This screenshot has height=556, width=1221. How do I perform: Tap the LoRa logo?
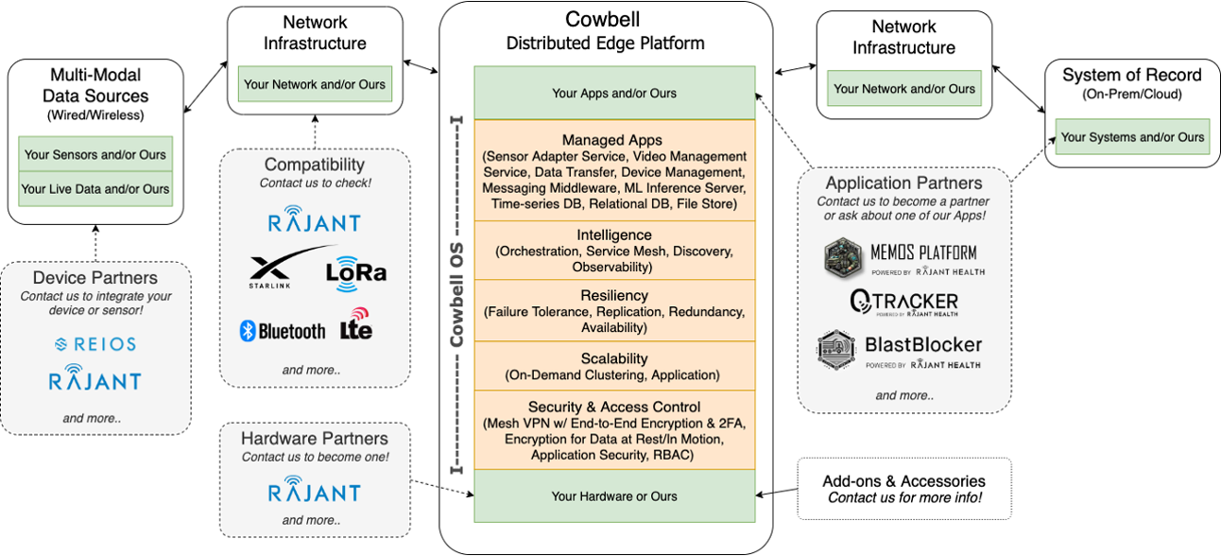coord(355,271)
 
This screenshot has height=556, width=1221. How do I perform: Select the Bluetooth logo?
coord(283,331)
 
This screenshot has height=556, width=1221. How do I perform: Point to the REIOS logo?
coord(95,344)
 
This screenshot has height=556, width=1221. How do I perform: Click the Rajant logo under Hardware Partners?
coord(314,492)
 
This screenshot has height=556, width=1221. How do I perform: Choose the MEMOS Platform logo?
coord(903,256)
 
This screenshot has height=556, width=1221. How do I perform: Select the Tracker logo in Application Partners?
coord(903,302)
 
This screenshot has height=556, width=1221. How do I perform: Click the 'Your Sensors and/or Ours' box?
coord(95,154)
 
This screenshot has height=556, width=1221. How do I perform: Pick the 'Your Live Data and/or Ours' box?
coord(95,188)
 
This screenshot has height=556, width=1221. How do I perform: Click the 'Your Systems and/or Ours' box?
coord(1132,137)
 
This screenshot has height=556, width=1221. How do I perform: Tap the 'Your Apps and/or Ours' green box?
coord(614,93)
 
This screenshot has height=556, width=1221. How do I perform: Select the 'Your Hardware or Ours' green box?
coord(614,496)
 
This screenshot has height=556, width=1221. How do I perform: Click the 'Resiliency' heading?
coord(614,296)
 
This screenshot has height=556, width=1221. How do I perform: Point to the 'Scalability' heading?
coord(614,358)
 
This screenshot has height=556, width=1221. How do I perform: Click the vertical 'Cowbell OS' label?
coord(456,294)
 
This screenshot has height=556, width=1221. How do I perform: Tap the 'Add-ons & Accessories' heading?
coord(904,481)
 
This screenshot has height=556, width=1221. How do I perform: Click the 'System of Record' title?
coord(1131,76)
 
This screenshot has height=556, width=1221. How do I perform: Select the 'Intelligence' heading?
coord(614,235)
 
